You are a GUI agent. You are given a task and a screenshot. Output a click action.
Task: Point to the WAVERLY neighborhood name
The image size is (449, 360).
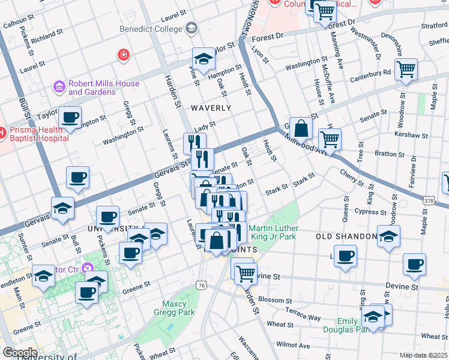[x=211, y=108]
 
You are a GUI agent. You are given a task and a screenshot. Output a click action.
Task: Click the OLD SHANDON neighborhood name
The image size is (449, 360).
[x=346, y=236]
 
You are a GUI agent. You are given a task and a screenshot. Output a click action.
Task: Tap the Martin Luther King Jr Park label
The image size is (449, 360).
[x=273, y=233]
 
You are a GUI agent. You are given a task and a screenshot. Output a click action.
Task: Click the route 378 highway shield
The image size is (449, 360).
[x=429, y=200]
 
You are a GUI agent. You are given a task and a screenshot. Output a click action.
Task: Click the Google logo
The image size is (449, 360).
[x=20, y=352]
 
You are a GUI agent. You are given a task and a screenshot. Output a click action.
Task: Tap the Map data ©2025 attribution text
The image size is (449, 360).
[x=423, y=355]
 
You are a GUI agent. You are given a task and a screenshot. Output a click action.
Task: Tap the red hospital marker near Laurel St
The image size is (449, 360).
[x=124, y=55]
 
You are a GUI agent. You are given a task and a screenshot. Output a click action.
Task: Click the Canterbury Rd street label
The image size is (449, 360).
[x=371, y=73]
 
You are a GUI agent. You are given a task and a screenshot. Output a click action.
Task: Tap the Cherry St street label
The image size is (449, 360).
[x=349, y=173]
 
